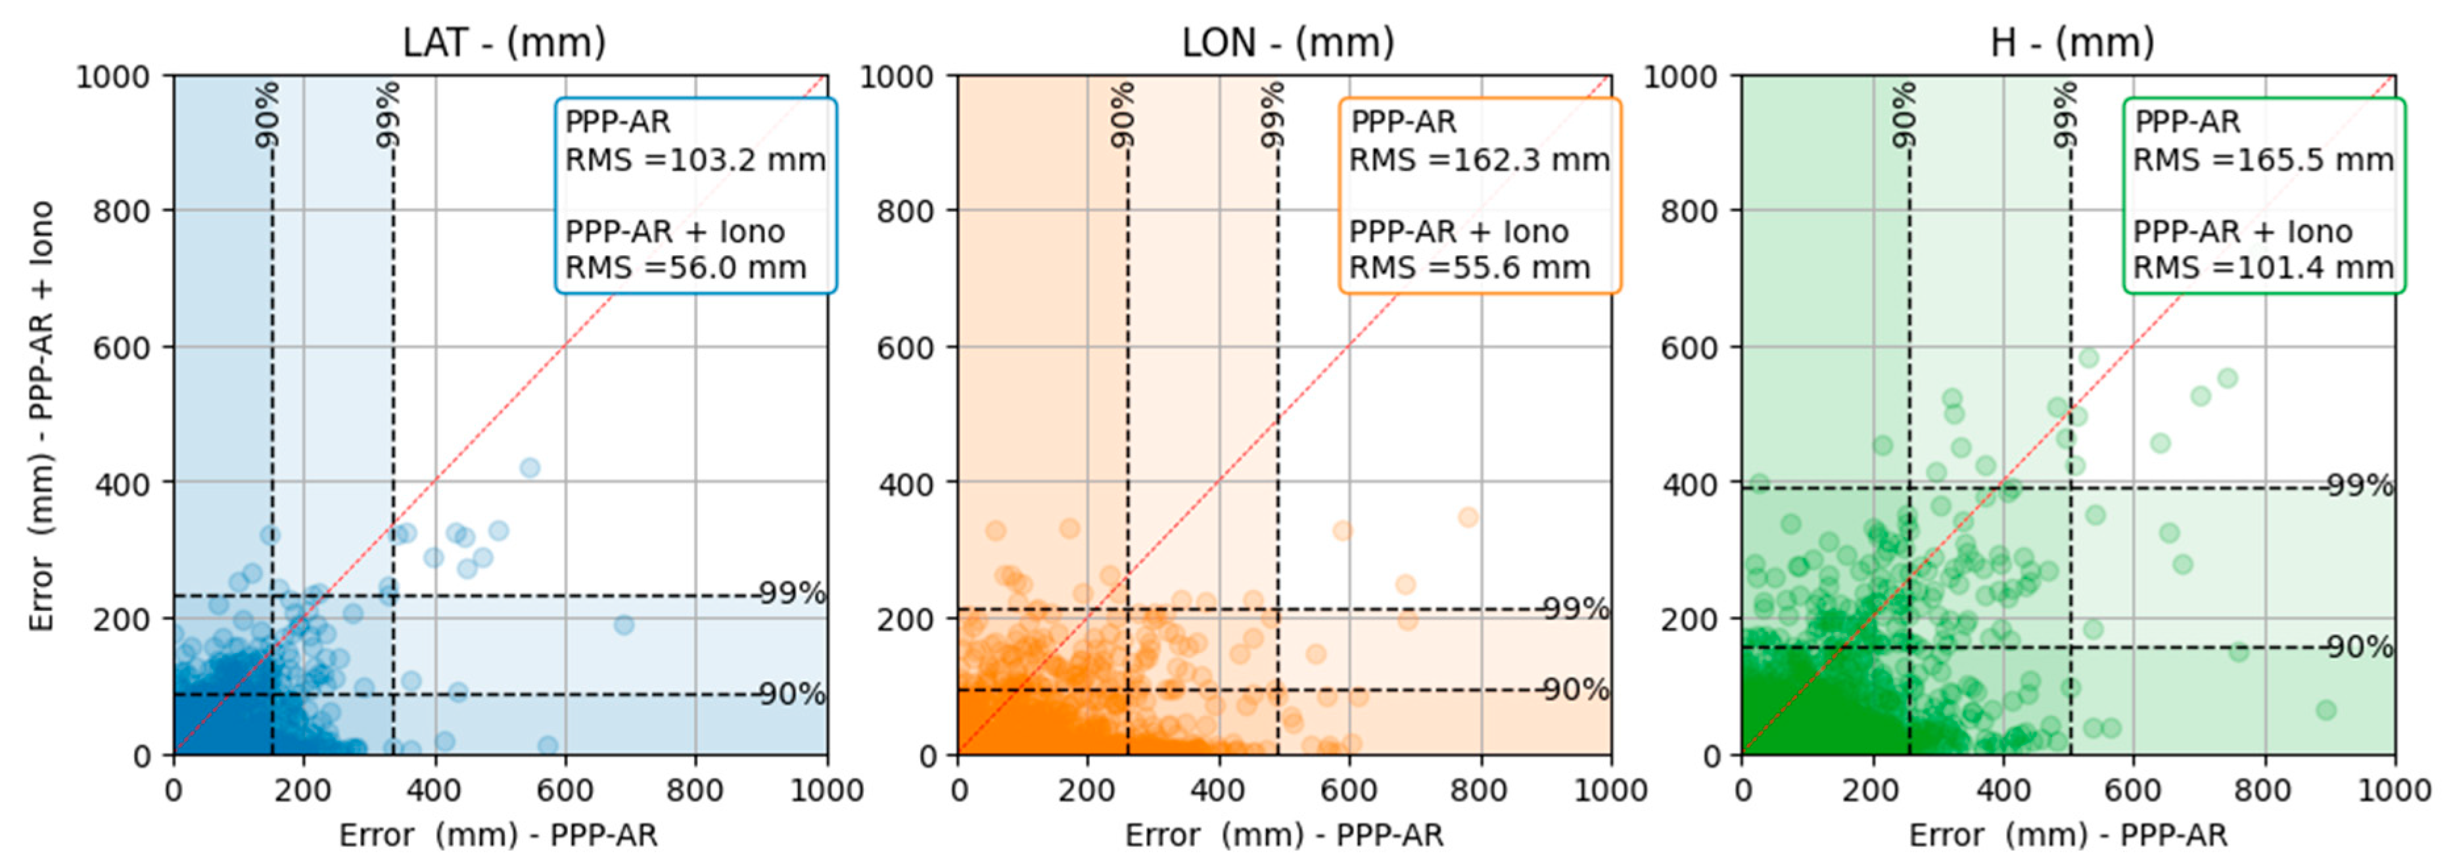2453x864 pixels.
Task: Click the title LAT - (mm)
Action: click(x=503, y=42)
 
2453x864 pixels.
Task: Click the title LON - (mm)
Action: click(x=1288, y=42)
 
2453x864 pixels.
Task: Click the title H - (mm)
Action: click(x=2072, y=42)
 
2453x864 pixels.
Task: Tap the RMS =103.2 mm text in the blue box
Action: click(x=695, y=160)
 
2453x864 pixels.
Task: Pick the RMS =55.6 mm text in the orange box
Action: click(x=1469, y=268)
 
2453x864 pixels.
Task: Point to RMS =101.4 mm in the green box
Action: click(x=2262, y=268)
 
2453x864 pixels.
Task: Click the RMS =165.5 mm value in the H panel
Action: click(x=2262, y=160)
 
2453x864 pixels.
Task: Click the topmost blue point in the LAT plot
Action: click(x=530, y=468)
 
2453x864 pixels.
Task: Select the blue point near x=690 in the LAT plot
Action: click(x=624, y=625)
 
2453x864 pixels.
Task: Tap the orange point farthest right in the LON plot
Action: click(x=1468, y=517)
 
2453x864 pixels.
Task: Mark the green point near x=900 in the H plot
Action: click(x=2325, y=709)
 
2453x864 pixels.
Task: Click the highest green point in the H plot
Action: click(x=2088, y=358)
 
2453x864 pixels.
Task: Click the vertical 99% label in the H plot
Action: click(x=2063, y=114)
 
